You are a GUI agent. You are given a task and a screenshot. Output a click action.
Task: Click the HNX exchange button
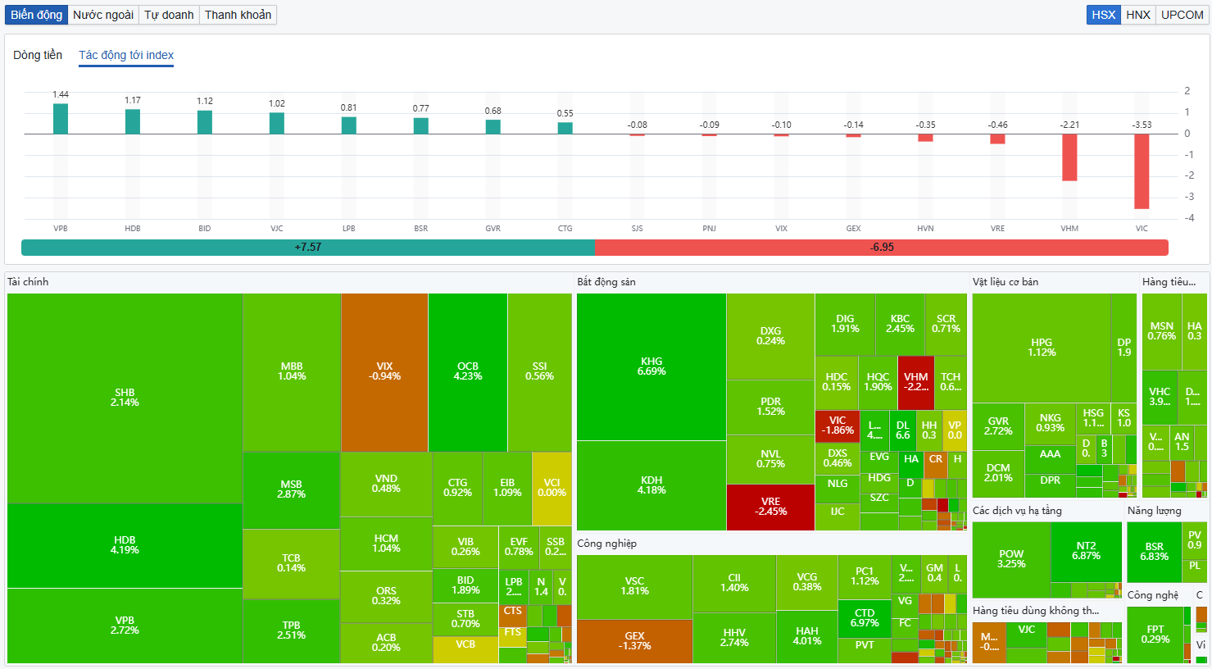tap(1137, 15)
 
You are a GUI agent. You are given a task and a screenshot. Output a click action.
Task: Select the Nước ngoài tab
tap(103, 15)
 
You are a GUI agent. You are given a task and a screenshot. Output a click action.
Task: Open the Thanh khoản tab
tap(238, 15)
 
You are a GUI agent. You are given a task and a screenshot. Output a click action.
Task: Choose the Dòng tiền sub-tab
tap(38, 55)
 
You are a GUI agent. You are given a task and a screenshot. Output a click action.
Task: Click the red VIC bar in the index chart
tap(1142, 171)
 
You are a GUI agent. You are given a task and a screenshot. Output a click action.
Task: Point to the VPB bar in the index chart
tap(61, 119)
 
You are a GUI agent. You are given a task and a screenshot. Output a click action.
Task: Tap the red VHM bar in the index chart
tap(1069, 157)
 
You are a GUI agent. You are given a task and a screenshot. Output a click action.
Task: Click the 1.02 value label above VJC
tap(277, 103)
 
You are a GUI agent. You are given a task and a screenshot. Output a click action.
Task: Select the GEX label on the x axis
tap(853, 229)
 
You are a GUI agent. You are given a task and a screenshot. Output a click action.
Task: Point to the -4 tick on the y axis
tap(1187, 218)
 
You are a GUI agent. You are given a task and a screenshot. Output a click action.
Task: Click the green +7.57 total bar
tap(307, 247)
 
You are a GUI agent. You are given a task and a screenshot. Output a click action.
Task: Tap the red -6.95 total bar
tap(882, 247)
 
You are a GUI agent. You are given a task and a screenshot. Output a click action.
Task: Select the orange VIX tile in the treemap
tap(384, 371)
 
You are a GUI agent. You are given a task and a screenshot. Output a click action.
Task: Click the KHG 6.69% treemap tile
tap(651, 366)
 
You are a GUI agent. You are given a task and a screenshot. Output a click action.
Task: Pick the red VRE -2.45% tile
tap(770, 507)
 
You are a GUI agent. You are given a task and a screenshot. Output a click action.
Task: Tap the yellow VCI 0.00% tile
tap(552, 488)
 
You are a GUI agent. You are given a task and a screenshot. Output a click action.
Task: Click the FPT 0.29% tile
tap(1155, 635)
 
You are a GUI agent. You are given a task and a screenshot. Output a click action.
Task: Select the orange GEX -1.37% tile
tap(634, 641)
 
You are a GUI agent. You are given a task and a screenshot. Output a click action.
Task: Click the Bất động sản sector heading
tap(606, 282)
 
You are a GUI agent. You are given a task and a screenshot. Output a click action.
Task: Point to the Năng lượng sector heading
tap(1154, 511)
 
